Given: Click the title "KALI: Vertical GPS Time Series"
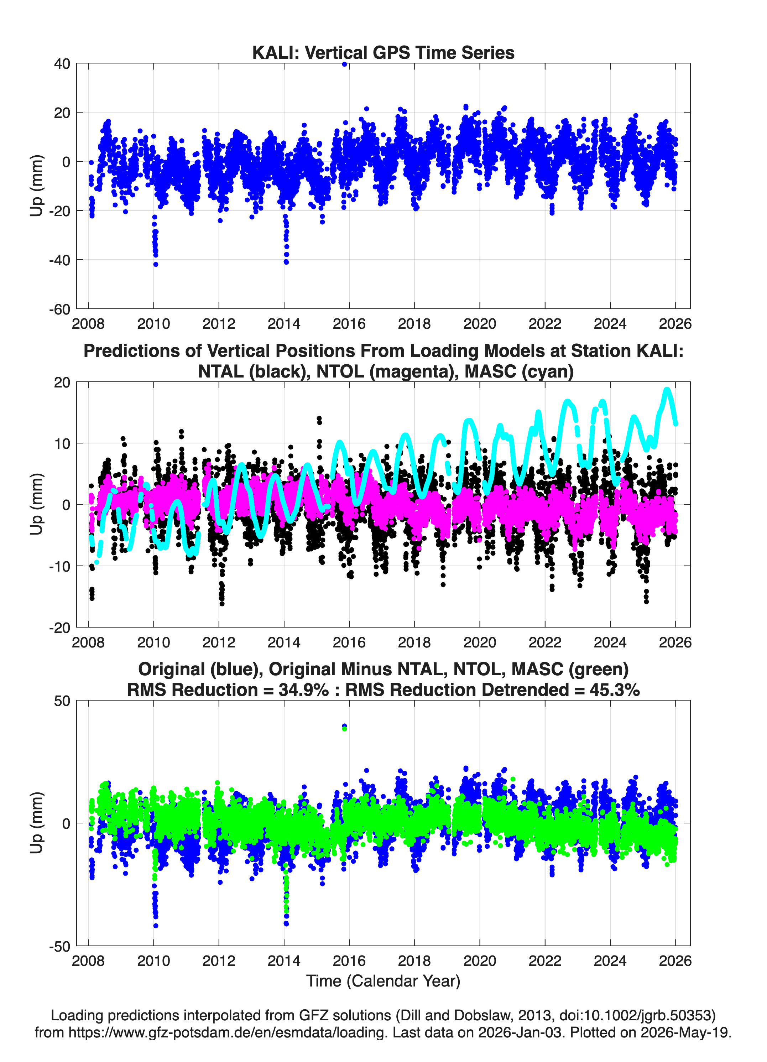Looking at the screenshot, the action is click(383, 52).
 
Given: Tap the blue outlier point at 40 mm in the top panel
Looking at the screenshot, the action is click(345, 64).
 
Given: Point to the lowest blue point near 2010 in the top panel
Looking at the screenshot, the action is click(156, 265).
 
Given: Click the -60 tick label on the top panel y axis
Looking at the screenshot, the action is click(59, 309).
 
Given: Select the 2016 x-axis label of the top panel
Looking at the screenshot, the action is click(349, 324).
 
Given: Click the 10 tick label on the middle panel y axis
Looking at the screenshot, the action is click(62, 443).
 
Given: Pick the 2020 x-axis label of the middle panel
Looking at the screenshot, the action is click(480, 642).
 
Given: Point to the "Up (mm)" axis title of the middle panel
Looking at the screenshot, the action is click(37, 504).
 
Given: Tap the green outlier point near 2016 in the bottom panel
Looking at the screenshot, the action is click(345, 729).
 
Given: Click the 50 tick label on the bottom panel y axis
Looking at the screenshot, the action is click(62, 701).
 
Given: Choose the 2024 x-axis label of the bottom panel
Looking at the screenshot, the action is click(610, 961).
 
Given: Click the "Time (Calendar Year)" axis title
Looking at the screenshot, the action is click(383, 981).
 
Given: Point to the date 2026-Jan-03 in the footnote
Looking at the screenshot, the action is click(520, 1032).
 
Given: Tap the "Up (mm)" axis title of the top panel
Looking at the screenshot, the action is click(37, 186).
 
